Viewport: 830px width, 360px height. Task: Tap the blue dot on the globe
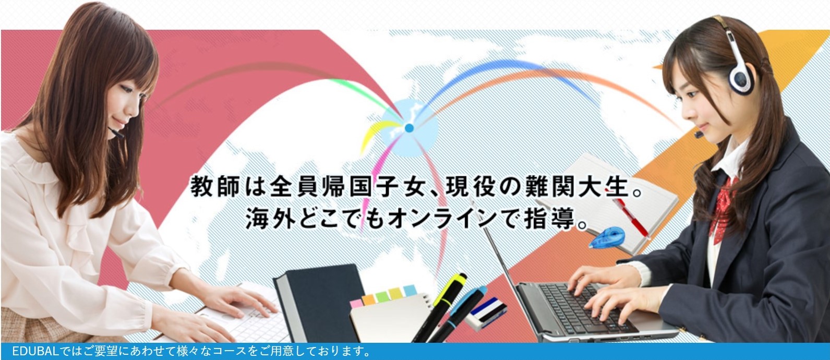(409, 128)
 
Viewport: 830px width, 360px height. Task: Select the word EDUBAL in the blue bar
(35, 351)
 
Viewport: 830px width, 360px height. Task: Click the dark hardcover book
(319, 302)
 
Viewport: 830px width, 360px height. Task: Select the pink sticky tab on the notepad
(356, 304)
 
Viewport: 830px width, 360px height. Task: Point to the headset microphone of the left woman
(116, 133)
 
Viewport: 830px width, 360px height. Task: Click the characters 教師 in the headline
(215, 186)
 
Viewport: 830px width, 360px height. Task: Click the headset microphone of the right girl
(699, 134)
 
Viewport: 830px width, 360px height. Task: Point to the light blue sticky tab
(410, 290)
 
